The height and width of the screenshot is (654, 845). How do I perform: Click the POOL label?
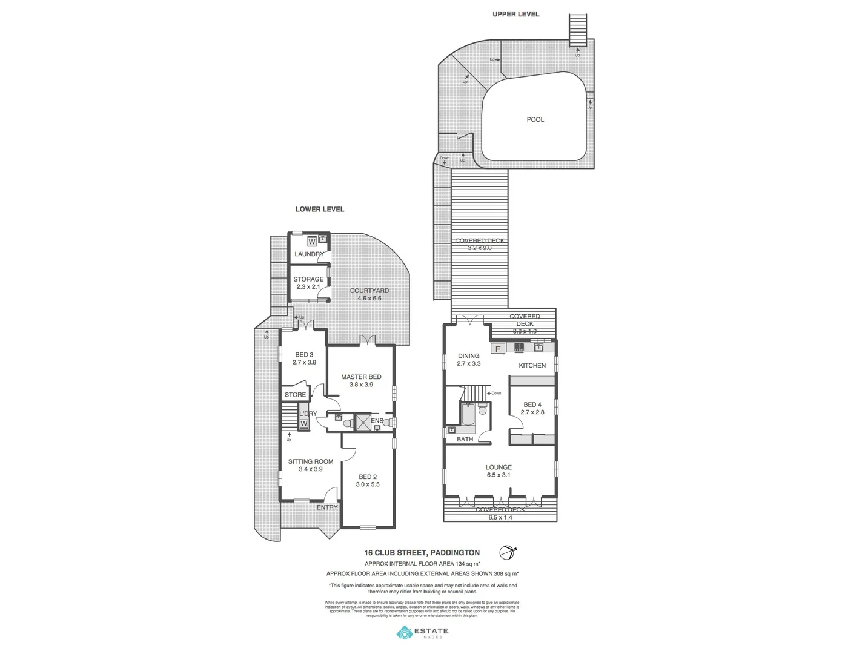click(x=535, y=120)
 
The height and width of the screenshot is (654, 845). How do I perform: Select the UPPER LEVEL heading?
click(x=515, y=14)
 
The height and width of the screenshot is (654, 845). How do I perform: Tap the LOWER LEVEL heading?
click(x=319, y=210)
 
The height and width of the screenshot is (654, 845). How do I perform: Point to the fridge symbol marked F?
click(x=498, y=349)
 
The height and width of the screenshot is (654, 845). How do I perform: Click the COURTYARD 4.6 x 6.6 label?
click(x=369, y=294)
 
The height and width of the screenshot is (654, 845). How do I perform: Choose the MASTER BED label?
click(x=361, y=380)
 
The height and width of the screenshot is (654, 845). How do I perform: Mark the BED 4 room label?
click(x=532, y=408)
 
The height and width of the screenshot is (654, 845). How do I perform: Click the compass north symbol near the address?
click(x=507, y=552)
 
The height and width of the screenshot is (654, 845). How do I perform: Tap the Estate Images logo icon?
click(x=404, y=633)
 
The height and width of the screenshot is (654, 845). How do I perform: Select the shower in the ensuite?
click(x=363, y=421)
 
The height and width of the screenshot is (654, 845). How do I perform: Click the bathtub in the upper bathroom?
click(x=468, y=414)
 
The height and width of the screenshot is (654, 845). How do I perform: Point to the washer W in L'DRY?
click(x=303, y=424)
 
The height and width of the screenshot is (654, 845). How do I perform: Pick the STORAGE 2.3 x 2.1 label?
click(x=308, y=283)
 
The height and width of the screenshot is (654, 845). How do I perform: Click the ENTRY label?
click(x=327, y=507)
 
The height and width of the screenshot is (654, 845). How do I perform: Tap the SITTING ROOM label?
click(x=310, y=465)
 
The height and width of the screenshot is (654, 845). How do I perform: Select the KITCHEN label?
click(x=532, y=366)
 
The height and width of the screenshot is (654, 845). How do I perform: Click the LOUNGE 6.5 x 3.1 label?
click(x=499, y=471)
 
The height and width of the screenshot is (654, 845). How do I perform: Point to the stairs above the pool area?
click(x=578, y=29)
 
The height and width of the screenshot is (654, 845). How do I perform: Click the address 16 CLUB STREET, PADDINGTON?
click(x=422, y=553)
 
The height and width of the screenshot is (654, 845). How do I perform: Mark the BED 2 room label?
click(x=367, y=480)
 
